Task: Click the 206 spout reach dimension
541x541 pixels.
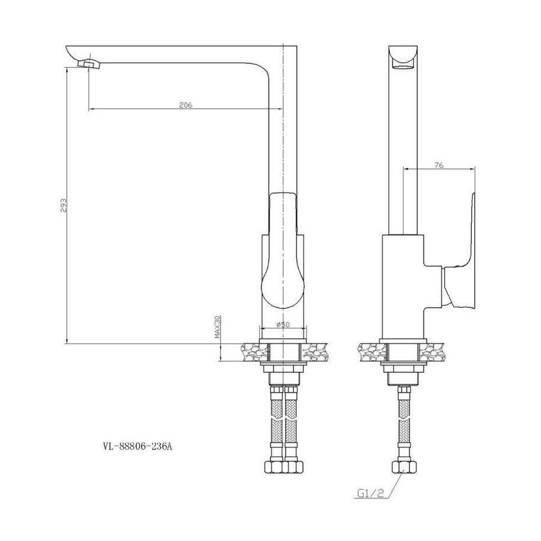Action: [x=185, y=105]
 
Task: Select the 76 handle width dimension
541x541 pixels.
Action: [x=439, y=165]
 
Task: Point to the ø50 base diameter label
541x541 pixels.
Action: [x=283, y=324]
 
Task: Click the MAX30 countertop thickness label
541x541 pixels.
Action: [x=218, y=326]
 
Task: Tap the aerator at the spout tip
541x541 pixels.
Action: [x=89, y=64]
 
